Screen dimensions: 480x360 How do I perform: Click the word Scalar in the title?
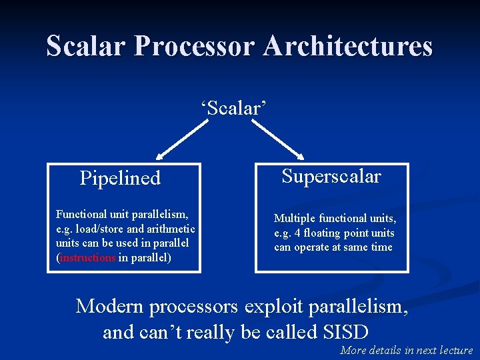tap(86, 46)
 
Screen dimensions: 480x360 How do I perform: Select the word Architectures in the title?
tap(347, 46)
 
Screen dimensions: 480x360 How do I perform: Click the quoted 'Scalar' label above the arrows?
tap(234, 107)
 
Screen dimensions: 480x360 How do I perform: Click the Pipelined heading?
tap(120, 178)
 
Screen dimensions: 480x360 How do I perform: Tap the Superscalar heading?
tap(331, 176)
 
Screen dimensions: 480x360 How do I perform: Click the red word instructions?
tap(88, 257)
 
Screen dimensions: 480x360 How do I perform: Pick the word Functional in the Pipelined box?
tap(81, 214)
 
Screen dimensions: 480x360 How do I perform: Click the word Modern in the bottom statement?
tap(111, 307)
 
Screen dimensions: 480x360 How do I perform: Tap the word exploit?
tap(275, 307)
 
